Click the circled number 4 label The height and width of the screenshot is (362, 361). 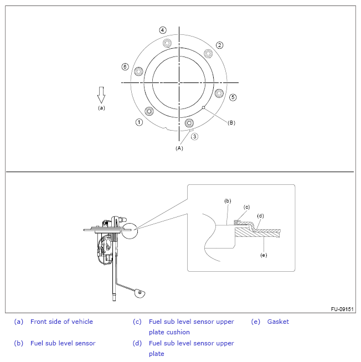(162, 30)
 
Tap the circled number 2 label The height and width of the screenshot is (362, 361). (220, 45)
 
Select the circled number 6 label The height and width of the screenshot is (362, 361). (125, 66)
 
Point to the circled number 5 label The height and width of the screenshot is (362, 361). (233, 97)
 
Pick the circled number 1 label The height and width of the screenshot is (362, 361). (139, 122)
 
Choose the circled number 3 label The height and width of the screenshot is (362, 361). (194, 136)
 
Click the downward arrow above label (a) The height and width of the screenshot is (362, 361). (101, 95)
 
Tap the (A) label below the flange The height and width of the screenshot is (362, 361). (179, 148)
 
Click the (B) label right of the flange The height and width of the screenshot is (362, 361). (231, 123)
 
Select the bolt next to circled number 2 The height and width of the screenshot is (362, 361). (208, 53)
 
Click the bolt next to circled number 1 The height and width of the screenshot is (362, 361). (148, 111)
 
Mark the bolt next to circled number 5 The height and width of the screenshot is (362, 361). (219, 93)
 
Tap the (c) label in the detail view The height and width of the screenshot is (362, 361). (247, 206)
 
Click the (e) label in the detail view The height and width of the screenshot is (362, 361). (264, 255)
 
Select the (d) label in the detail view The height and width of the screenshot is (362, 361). (260, 216)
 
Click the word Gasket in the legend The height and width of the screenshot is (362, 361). (278, 322)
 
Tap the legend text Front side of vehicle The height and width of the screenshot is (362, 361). (61, 322)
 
